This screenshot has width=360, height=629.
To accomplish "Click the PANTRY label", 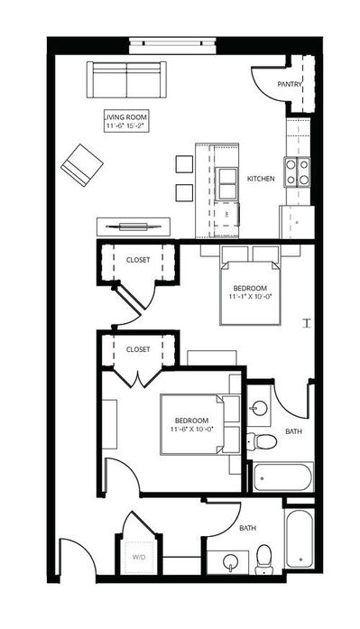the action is (290, 84).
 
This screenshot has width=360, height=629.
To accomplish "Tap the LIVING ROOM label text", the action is (126, 117).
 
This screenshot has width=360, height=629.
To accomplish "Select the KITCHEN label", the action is (261, 179).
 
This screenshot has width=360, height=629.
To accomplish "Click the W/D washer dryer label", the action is (139, 557).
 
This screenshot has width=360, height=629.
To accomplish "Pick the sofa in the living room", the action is (126, 79).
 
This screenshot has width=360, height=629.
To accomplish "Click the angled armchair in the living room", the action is (82, 165).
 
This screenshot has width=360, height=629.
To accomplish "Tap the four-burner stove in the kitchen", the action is (297, 172).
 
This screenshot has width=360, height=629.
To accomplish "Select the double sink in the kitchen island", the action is (226, 184).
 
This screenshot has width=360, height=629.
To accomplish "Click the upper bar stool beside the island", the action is (184, 164).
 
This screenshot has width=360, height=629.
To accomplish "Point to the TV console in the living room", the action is (134, 227).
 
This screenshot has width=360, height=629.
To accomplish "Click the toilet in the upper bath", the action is (262, 441).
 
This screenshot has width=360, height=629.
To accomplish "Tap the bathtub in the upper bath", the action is (283, 477).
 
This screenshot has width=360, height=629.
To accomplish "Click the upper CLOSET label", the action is (138, 260).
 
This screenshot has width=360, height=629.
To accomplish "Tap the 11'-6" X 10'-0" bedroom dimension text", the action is (191, 429).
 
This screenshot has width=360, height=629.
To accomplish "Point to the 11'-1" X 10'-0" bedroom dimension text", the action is (250, 296).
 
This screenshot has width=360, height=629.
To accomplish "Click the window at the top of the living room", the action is (173, 45).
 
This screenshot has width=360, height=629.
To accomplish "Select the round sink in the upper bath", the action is (259, 409).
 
